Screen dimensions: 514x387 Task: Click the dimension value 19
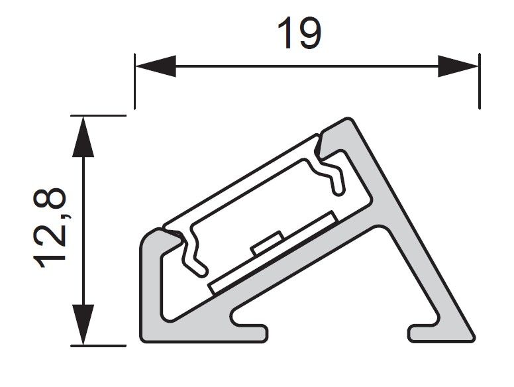coord(299,33)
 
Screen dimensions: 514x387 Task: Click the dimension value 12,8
coord(50,228)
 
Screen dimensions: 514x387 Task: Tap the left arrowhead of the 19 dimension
coord(156,66)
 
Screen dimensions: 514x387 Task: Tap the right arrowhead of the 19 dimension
coord(458,66)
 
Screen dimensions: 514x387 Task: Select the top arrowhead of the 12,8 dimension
coord(83,137)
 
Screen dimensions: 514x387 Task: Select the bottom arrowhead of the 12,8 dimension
coord(83,325)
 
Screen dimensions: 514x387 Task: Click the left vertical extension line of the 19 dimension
coord(134,82)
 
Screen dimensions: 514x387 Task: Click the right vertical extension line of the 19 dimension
coord(480,82)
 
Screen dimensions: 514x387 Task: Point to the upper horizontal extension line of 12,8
coord(98,115)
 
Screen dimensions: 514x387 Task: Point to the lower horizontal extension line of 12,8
coord(98,346)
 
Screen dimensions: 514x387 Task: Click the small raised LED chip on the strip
coord(267,243)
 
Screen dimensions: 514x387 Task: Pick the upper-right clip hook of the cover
coord(329,166)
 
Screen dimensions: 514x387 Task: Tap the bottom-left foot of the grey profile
coord(203,334)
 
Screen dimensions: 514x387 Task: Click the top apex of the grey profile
coord(347,121)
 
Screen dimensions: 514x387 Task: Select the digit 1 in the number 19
coord(285,33)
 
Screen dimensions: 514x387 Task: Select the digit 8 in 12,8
coord(50,199)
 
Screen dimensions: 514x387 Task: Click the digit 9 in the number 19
coord(309,33)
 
